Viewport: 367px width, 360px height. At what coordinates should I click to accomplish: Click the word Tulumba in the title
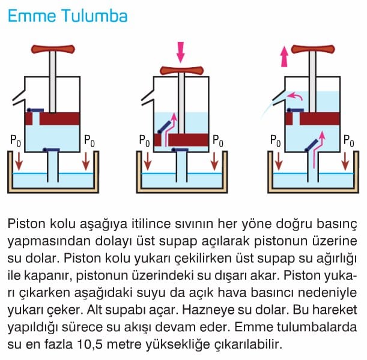tap(95, 16)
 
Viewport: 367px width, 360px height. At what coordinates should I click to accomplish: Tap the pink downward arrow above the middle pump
tap(180, 52)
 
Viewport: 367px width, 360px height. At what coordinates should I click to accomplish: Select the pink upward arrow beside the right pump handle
tap(284, 56)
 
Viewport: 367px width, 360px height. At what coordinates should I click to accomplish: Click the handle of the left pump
tap(53, 49)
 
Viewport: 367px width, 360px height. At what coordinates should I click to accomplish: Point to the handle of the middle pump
tap(181, 70)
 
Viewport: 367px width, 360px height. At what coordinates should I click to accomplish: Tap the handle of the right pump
tap(313, 49)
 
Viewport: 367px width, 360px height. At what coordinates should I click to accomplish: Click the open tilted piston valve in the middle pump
tap(165, 127)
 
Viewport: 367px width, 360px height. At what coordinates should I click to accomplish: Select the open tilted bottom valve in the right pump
tap(312, 145)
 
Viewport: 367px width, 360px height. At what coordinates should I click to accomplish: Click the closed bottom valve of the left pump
tap(51, 149)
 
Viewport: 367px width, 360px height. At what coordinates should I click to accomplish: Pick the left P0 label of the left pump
tap(16, 141)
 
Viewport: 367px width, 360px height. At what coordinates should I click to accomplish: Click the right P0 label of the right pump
tap(349, 141)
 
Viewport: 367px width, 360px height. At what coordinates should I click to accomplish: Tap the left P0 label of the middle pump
tap(144, 141)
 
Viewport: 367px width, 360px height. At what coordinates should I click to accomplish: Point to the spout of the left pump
tap(19, 98)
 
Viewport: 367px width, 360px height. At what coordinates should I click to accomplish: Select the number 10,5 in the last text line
tap(90, 344)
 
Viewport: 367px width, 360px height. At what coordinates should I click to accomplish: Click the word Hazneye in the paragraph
tap(207, 310)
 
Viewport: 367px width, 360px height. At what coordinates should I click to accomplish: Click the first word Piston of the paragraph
tap(26, 224)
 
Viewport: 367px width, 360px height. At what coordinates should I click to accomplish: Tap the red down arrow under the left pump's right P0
tap(86, 161)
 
